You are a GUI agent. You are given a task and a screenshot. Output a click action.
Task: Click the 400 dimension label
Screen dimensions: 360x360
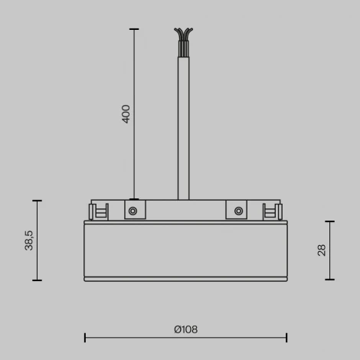126,114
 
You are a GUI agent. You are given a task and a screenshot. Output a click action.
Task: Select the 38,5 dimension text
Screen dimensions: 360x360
29,241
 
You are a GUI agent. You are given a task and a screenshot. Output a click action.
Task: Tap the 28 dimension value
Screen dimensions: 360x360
322,250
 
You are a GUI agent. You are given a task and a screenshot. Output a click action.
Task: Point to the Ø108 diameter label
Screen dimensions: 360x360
185,329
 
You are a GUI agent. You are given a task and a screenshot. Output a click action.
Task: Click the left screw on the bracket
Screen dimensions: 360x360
133,211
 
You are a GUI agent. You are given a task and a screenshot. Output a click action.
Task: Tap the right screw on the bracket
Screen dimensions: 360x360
238,211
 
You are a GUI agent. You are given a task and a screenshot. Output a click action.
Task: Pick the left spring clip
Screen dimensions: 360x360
97,212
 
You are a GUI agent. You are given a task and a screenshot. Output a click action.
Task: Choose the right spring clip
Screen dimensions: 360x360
270,212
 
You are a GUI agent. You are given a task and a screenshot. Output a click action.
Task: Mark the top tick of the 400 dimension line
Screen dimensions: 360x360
134,29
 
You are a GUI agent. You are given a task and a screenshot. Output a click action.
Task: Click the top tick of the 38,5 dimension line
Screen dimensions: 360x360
37,201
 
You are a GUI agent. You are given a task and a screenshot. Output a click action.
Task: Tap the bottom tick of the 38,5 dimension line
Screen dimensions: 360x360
37,281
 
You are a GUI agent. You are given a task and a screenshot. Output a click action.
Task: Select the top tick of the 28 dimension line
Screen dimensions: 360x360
330,221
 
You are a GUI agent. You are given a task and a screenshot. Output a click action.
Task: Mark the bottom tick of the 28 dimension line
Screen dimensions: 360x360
330,280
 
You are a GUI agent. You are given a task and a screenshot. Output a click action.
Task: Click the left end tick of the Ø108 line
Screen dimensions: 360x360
84,337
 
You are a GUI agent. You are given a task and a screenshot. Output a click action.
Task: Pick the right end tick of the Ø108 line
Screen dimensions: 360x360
286,337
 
